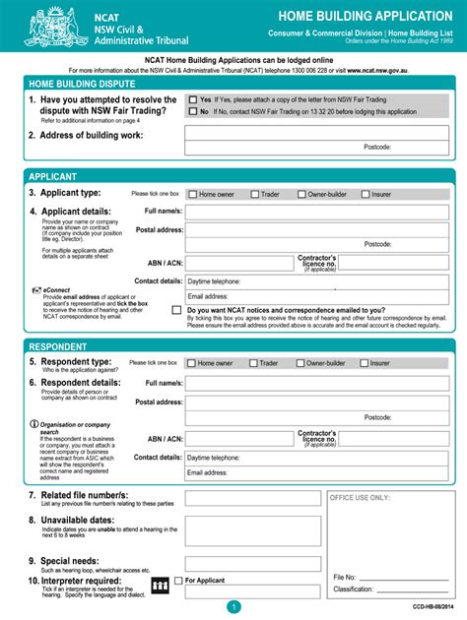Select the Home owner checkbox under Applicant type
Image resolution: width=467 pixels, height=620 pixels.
[x=192, y=194]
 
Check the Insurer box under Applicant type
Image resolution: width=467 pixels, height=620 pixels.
[x=364, y=194]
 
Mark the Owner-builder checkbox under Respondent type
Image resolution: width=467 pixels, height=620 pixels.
[x=300, y=363]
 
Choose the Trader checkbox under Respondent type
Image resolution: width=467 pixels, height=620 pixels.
[x=253, y=363]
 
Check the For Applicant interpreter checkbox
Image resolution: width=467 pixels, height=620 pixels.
[x=178, y=581]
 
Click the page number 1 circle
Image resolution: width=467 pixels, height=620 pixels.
[x=233, y=607]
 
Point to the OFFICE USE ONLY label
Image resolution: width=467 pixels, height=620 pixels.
[x=361, y=497]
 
